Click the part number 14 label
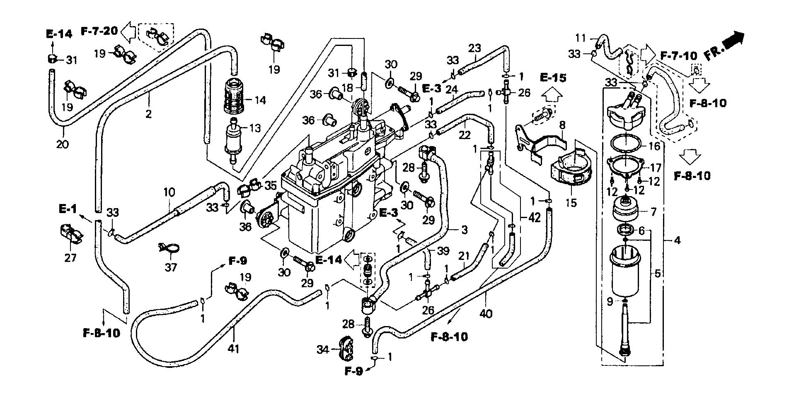pyautogui.click(x=261, y=100)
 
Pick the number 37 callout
pyautogui.click(x=171, y=267)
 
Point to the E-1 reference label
pyautogui.click(x=68, y=209)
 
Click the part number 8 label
pyautogui.click(x=562, y=125)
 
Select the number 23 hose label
pyautogui.click(x=474, y=48)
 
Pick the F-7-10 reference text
pyautogui.click(x=679, y=55)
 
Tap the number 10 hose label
pyautogui.click(x=169, y=192)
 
